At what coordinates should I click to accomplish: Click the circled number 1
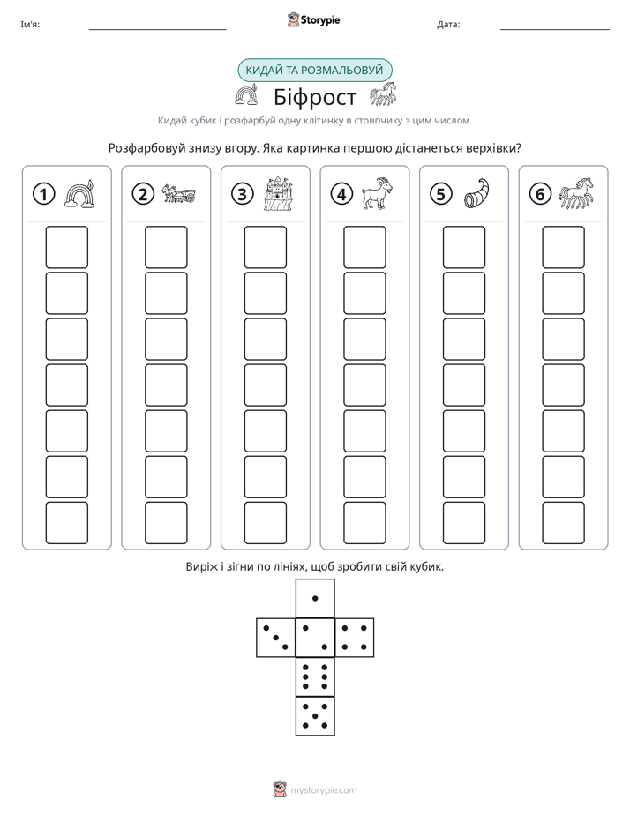pos(43,194)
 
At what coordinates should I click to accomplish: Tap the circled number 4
pos(341,194)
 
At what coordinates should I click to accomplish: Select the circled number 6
pos(540,194)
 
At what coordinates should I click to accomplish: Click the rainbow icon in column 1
pos(79,194)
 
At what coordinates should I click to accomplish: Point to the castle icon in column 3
pos(278,193)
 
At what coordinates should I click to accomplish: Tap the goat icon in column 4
pos(378,193)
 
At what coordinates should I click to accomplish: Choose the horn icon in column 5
pos(476,193)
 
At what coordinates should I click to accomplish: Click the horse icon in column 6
pos(576,193)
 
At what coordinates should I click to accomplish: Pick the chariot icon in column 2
pos(179,193)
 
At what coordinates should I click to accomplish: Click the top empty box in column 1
pos(66,247)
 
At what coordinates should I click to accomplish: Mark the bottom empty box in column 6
pos(564,523)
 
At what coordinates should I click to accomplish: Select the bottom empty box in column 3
pos(265,523)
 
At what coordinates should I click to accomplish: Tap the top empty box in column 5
pos(464,247)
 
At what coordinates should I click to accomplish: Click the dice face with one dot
pos(315,599)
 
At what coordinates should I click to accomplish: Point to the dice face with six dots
pos(315,677)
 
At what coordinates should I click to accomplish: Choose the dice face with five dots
pos(315,715)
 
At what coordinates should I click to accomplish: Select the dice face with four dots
pos(355,638)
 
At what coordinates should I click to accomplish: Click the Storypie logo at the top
pos(314,20)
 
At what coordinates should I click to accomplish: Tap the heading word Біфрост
pos(315,97)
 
